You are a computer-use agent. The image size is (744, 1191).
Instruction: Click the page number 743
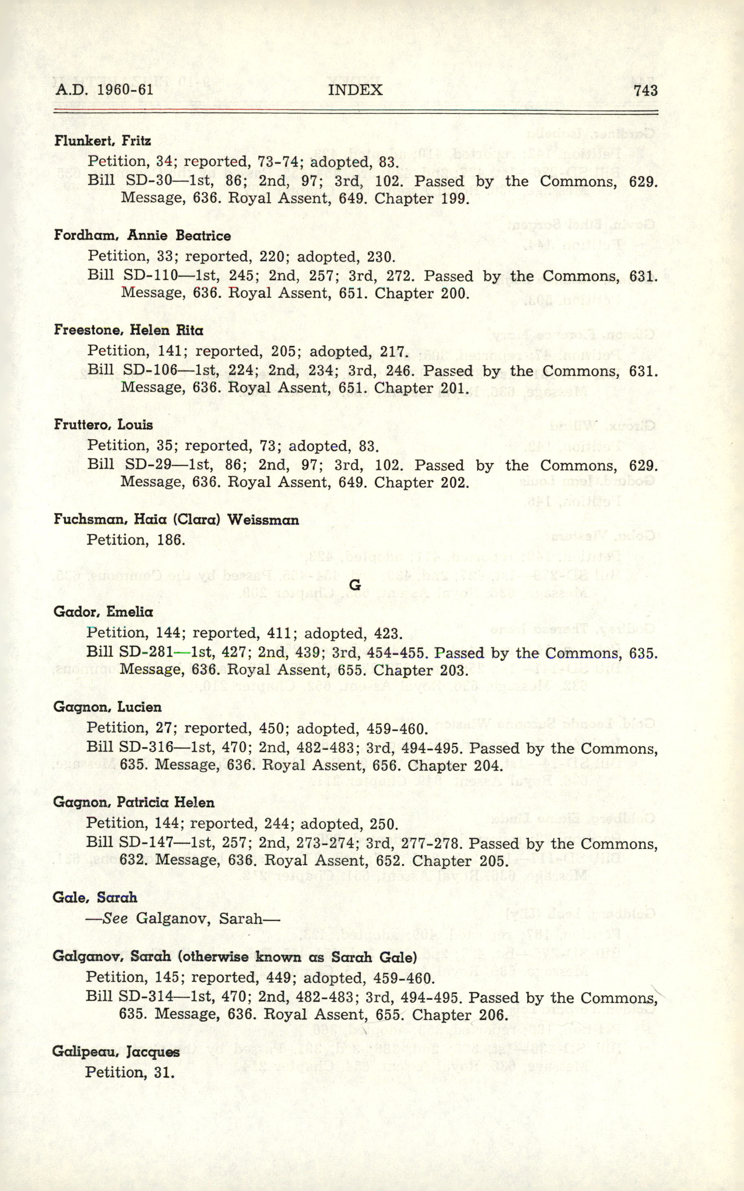coord(646,90)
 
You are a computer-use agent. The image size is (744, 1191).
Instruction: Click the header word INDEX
coord(355,90)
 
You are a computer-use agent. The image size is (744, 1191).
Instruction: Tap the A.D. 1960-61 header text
coord(104,90)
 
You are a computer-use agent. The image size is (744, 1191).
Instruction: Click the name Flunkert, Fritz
coord(102,141)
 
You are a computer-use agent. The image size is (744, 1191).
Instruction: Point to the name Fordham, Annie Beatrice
coord(142,236)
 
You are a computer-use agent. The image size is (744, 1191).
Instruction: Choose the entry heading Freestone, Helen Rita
coord(128,330)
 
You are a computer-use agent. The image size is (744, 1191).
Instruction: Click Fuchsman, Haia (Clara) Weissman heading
coord(176,520)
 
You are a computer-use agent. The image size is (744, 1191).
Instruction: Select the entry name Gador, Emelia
coord(103,612)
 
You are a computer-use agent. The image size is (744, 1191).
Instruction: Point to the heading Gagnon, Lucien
coord(107,707)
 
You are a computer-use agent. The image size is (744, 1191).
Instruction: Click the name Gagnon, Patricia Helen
coord(133,802)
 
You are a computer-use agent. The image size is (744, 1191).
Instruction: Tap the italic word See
coord(115,919)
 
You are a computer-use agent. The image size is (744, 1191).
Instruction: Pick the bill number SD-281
coord(146,653)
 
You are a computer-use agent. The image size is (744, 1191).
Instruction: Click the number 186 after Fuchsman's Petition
coord(171,540)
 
